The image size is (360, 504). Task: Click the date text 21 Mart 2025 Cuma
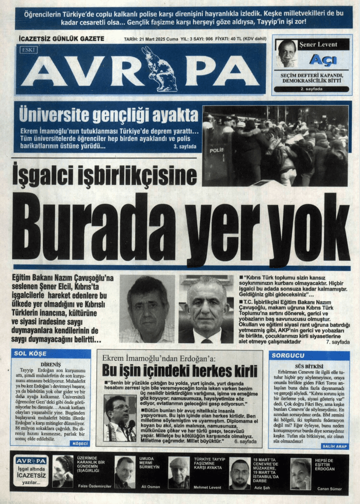[152, 38]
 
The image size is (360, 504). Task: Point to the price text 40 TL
[229, 38]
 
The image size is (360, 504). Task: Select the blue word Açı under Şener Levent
[323, 61]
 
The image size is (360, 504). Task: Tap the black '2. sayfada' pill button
[311, 89]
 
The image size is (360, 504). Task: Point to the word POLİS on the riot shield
[216, 150]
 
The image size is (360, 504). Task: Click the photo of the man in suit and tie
[206, 309]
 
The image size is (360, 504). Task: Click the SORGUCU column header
[285, 355]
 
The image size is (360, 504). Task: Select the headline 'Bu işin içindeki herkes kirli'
[180, 370]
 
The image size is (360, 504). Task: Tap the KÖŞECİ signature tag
[79, 443]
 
